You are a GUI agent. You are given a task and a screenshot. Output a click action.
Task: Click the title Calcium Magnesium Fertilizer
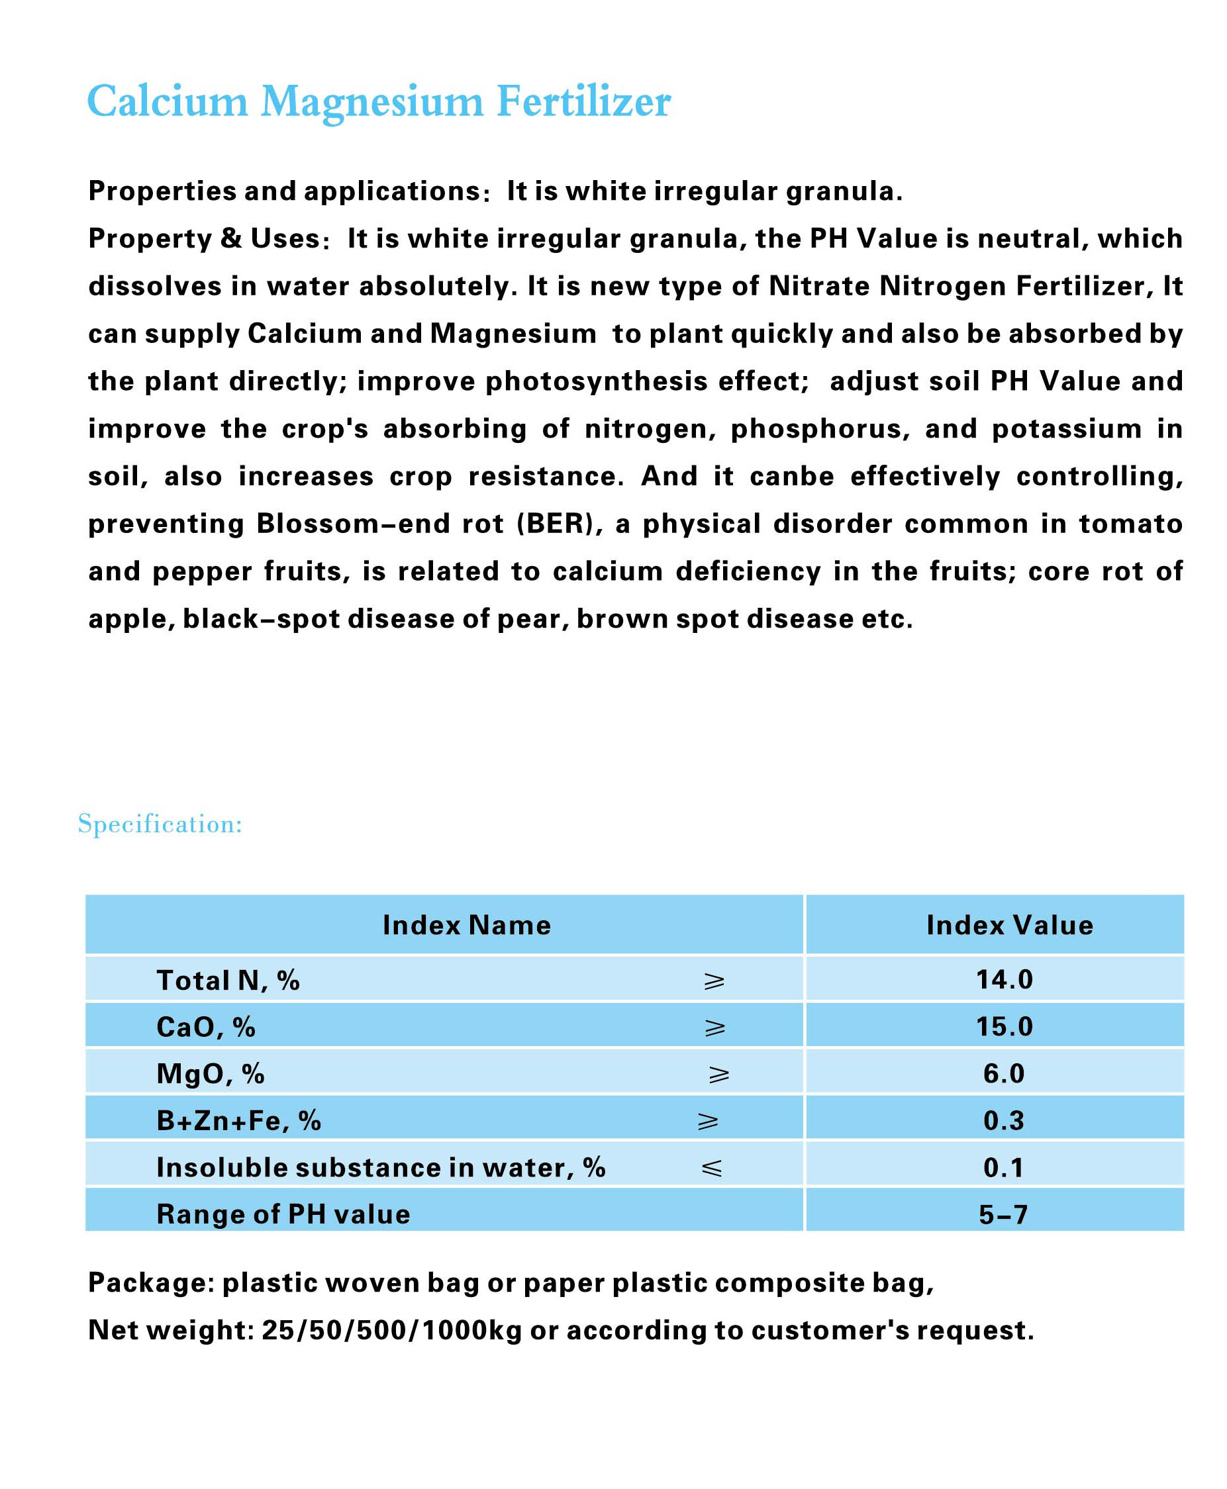click(378, 101)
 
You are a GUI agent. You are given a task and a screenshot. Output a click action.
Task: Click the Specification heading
click(160, 824)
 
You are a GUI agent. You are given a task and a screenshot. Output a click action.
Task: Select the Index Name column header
click(466, 925)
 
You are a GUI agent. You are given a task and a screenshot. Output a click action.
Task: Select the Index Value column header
click(1009, 925)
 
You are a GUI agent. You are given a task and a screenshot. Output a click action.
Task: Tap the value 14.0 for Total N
click(1004, 979)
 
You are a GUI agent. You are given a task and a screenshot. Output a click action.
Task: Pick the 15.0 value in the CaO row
click(1004, 1026)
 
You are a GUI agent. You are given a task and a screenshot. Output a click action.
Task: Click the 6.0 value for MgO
click(1004, 1073)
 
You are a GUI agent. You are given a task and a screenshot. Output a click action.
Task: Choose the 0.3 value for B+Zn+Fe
click(1004, 1120)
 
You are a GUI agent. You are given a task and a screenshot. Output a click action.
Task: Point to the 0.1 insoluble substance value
click(1004, 1167)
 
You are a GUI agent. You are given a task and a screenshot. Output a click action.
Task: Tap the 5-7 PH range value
click(1003, 1214)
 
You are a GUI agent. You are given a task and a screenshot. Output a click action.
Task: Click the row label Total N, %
click(228, 980)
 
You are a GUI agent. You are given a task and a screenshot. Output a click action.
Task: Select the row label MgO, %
click(210, 1073)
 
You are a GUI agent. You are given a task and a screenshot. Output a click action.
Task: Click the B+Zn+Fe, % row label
click(238, 1121)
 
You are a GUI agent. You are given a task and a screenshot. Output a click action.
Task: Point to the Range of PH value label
click(283, 1214)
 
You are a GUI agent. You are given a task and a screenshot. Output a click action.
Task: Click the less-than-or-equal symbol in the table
click(712, 1167)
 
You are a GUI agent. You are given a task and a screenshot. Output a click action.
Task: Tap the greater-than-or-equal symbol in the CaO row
click(714, 1027)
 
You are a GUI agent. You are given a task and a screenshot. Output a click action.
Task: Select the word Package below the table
click(150, 1282)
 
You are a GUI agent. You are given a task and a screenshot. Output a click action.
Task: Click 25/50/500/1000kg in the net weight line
click(391, 1330)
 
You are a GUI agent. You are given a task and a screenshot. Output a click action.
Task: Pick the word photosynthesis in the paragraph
click(597, 381)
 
